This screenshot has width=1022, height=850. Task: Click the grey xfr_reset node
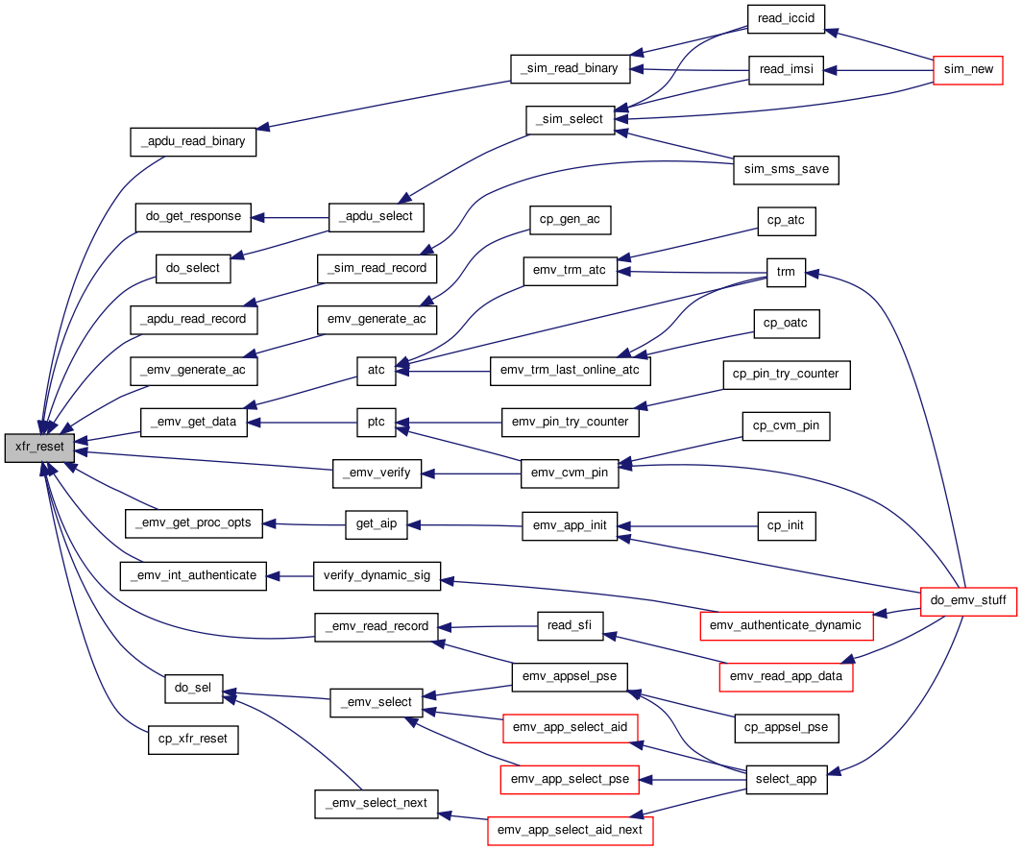(39, 448)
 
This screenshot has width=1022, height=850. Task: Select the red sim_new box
(968, 70)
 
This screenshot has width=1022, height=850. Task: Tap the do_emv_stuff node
(968, 600)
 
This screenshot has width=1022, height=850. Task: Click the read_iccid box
(786, 19)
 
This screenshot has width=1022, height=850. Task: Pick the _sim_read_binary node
(571, 69)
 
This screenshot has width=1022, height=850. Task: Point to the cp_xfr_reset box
(193, 740)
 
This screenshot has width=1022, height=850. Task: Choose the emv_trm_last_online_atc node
(570, 371)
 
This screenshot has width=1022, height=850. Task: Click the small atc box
(377, 371)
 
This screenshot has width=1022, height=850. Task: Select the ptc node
(377, 423)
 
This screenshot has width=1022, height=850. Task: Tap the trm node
(786, 273)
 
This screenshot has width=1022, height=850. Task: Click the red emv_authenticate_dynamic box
(786, 626)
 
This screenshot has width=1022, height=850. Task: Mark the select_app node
(786, 780)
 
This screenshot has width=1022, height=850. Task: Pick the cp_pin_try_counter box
(786, 375)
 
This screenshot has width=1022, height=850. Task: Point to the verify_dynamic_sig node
(377, 576)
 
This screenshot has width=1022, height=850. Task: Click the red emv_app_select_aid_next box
(570, 831)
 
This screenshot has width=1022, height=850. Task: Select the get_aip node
(377, 524)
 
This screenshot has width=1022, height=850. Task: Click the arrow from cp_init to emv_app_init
(688, 526)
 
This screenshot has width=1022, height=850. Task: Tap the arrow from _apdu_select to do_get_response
(290, 218)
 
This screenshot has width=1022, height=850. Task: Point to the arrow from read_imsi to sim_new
(879, 70)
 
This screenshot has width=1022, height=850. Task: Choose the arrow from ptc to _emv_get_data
(303, 423)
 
